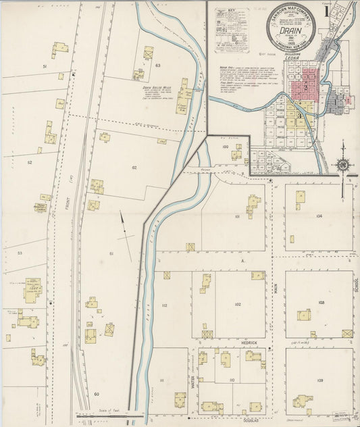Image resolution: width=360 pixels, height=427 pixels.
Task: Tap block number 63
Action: point(157,66)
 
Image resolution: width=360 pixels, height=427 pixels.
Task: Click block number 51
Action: point(45,67)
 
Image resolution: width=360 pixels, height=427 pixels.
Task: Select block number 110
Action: point(232,380)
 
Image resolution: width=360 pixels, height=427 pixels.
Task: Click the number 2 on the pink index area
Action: point(306,88)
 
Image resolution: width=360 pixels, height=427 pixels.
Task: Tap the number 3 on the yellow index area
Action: point(298,116)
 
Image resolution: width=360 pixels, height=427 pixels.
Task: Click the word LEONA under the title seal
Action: point(292,59)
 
